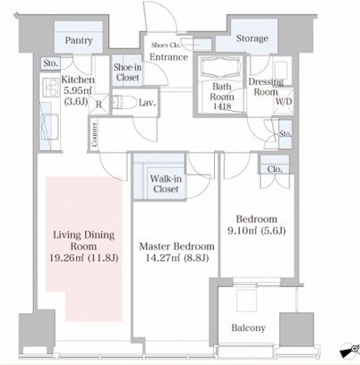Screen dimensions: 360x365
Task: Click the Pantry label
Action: click(79, 40)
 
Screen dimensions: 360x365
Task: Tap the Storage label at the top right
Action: click(253, 38)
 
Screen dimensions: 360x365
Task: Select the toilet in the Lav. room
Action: click(122, 102)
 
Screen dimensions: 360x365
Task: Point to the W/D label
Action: click(284, 101)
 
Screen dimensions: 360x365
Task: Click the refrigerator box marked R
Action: click(99, 104)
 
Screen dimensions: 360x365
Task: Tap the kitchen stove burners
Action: click(50, 87)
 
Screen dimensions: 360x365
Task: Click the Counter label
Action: click(94, 135)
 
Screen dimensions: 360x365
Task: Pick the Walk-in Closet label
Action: click(166, 183)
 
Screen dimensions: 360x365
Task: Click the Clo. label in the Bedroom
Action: click(275, 169)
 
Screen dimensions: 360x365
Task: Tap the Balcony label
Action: click(248, 328)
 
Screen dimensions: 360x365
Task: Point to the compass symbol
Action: click(350, 351)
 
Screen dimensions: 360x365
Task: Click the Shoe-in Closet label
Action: click(127, 72)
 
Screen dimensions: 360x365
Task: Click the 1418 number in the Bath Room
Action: click(222, 106)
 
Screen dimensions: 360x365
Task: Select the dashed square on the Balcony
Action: click(246, 300)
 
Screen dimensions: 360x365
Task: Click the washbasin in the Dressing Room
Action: click(280, 70)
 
